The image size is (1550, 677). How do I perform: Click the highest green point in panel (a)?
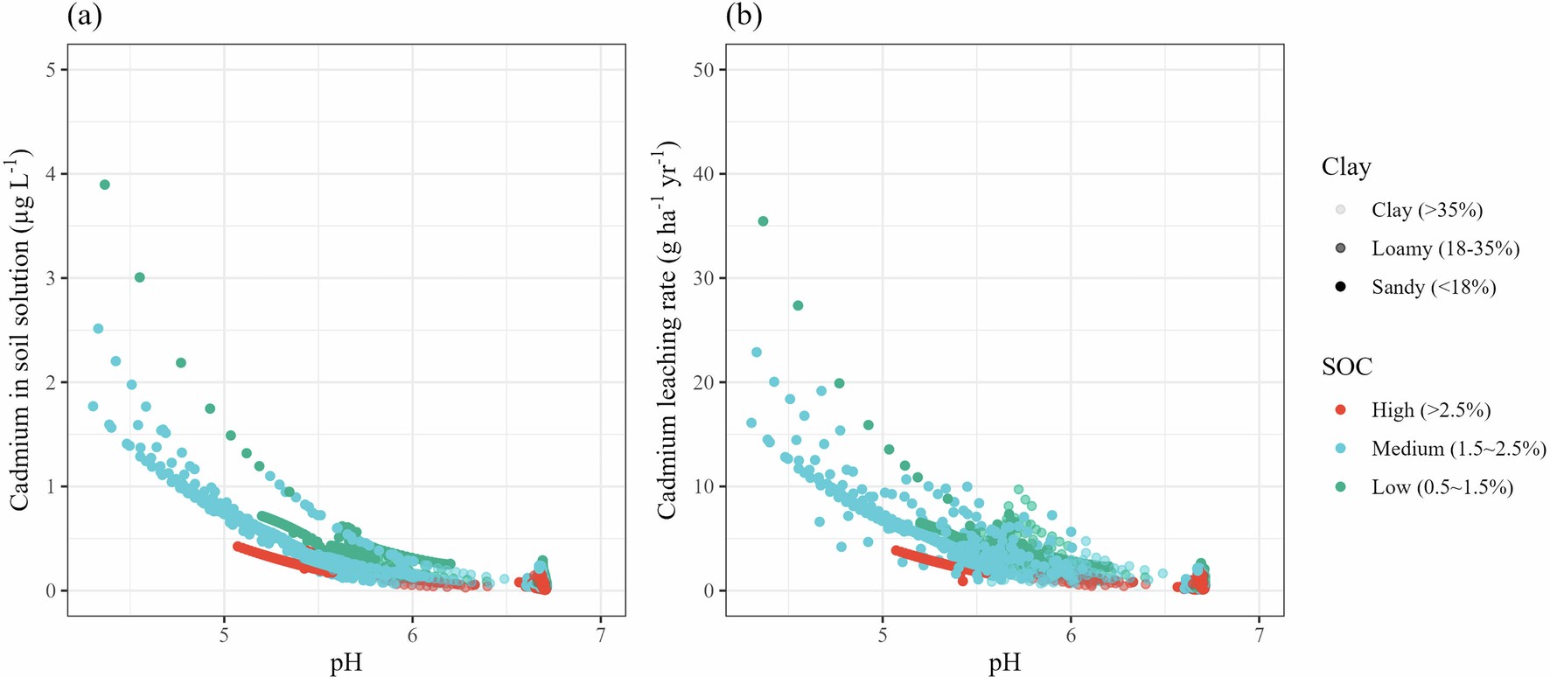[x=105, y=185]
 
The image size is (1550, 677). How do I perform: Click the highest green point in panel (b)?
[x=763, y=221]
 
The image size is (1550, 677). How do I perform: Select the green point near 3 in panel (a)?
[x=139, y=277]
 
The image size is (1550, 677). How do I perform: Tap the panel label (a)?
[x=84, y=17]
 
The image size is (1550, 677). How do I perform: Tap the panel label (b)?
[x=744, y=17]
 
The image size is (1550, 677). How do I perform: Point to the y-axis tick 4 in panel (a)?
[x=51, y=174]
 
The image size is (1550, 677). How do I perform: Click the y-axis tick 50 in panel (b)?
[x=703, y=70]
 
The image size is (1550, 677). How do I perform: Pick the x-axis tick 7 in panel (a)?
[x=600, y=635]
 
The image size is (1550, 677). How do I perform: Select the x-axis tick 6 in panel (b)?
[x=1071, y=635]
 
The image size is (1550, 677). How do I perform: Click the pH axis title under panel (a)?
[x=346, y=662]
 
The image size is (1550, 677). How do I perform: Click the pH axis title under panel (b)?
[x=1005, y=662]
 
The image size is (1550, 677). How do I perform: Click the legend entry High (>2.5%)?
[x=1430, y=410]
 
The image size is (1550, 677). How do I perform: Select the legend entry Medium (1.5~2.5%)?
[x=1457, y=449]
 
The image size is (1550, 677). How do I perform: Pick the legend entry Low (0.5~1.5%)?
[x=1442, y=487]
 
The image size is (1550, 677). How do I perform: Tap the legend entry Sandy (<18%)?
[x=1433, y=287]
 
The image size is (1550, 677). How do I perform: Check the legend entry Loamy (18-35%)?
[x=1444, y=248]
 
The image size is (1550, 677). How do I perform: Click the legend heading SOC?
[x=1347, y=366]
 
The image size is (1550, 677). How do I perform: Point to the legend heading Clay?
[x=1346, y=167]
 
